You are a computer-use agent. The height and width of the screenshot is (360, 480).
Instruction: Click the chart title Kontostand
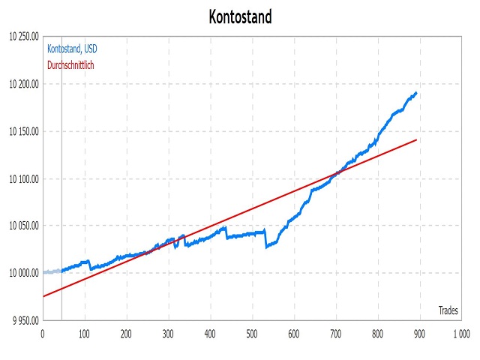(x=240, y=16)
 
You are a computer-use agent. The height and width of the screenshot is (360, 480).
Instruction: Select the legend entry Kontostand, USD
(x=72, y=49)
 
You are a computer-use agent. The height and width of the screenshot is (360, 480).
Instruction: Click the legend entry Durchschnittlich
(x=70, y=65)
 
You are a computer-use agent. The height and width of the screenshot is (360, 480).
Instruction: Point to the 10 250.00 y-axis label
(x=24, y=37)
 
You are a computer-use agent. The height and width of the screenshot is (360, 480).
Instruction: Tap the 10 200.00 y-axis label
(x=24, y=84)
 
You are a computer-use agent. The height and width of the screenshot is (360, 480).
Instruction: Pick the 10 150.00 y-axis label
(x=24, y=132)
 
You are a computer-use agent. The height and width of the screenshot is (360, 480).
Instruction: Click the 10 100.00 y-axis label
(x=24, y=179)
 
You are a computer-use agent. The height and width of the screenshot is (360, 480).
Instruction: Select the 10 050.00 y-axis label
(x=24, y=226)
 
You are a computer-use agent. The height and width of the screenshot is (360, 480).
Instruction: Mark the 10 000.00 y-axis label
(x=24, y=273)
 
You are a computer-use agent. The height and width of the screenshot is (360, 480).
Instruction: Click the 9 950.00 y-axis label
(x=26, y=321)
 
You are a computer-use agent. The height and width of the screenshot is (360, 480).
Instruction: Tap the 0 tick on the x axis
(x=43, y=334)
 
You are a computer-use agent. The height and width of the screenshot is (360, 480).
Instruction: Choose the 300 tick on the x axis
(x=168, y=334)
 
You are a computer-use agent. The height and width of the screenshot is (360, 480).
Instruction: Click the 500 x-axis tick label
(x=252, y=334)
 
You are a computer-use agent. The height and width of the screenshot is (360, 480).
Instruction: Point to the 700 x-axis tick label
(x=336, y=334)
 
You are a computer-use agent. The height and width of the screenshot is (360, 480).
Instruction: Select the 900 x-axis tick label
(x=419, y=334)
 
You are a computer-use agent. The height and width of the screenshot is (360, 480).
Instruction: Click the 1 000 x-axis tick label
(x=462, y=334)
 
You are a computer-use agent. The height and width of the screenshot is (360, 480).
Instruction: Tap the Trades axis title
(x=448, y=310)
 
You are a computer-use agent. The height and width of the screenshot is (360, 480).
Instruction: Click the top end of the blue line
(x=416, y=92)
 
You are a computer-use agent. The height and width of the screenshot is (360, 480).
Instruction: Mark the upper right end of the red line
(x=417, y=140)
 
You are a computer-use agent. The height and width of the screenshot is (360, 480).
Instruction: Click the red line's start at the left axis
(x=43, y=296)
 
